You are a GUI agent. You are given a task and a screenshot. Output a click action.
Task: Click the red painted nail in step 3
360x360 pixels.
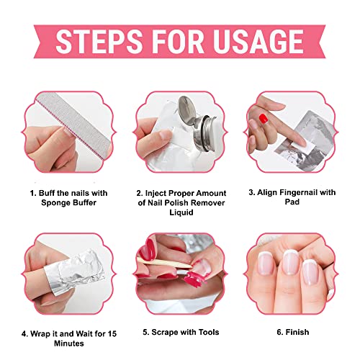(x=264, y=119)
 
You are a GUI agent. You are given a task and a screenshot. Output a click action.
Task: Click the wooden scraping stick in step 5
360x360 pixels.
(x=164, y=263)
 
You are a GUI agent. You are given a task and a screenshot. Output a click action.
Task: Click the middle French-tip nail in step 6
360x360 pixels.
(x=290, y=262)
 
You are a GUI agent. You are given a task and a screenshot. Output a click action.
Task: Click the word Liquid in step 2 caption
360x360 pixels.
(x=181, y=212)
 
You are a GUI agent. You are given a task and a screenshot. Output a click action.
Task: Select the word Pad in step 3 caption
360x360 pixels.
(x=292, y=202)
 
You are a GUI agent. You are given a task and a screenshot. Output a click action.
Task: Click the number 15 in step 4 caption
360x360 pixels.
(x=112, y=333)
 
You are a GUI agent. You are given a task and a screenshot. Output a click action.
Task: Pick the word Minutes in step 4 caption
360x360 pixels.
(x=69, y=343)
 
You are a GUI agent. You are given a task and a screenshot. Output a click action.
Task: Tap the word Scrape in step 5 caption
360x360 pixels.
(x=165, y=333)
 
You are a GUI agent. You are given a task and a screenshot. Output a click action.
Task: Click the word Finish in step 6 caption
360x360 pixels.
(x=297, y=332)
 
